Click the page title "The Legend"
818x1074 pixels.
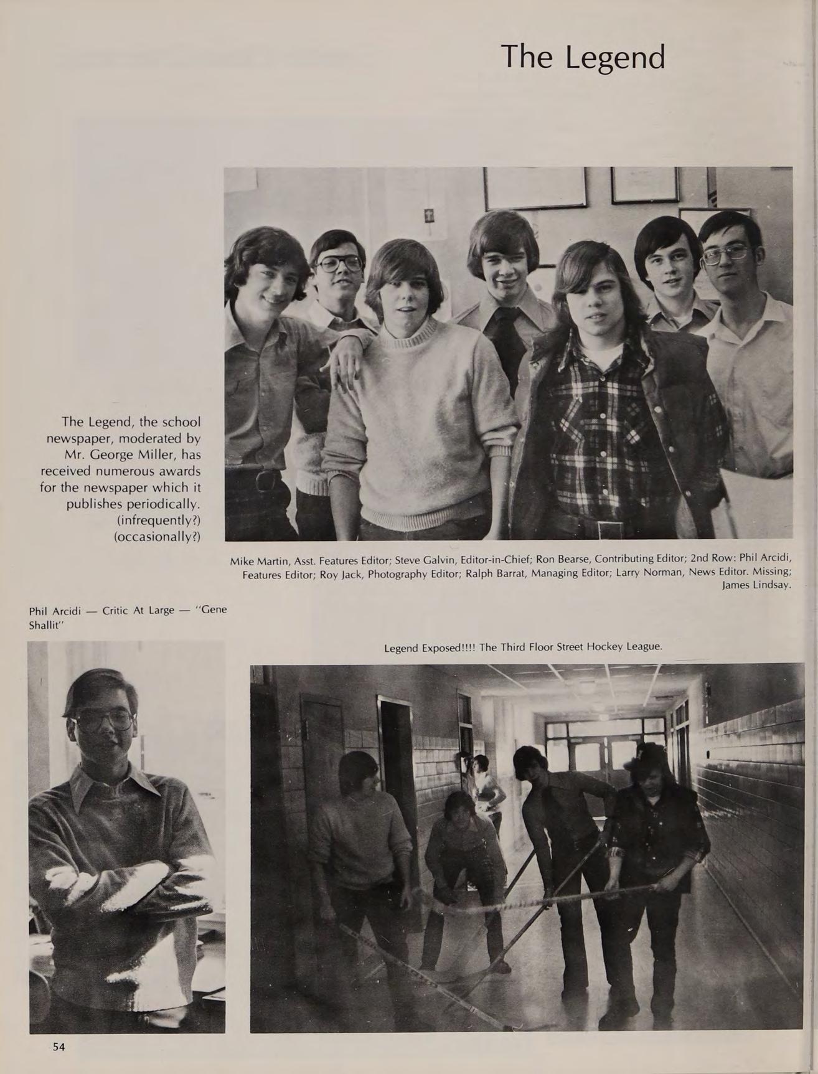click(x=583, y=57)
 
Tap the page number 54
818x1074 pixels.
click(x=59, y=1047)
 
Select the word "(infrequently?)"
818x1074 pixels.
click(x=158, y=519)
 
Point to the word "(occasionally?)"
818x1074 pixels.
click(x=157, y=536)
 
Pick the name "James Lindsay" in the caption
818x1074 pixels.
click(x=756, y=585)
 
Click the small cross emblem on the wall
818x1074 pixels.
click(x=428, y=216)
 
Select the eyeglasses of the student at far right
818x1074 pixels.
click(x=725, y=254)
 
